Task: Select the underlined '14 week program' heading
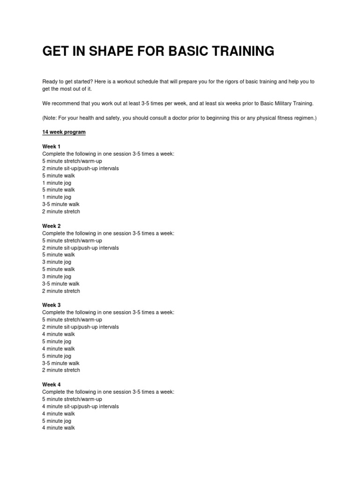pyautogui.click(x=64, y=132)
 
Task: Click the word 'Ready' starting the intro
pyautogui.click(x=50, y=82)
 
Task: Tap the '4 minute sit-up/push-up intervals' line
pyautogui.click(x=80, y=406)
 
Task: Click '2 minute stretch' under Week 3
pyautogui.click(x=61, y=370)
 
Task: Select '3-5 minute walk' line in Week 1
pyautogui.click(x=61, y=204)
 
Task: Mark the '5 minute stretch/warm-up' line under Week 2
pyautogui.click(x=72, y=240)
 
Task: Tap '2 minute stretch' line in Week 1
pyautogui.click(x=61, y=211)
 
